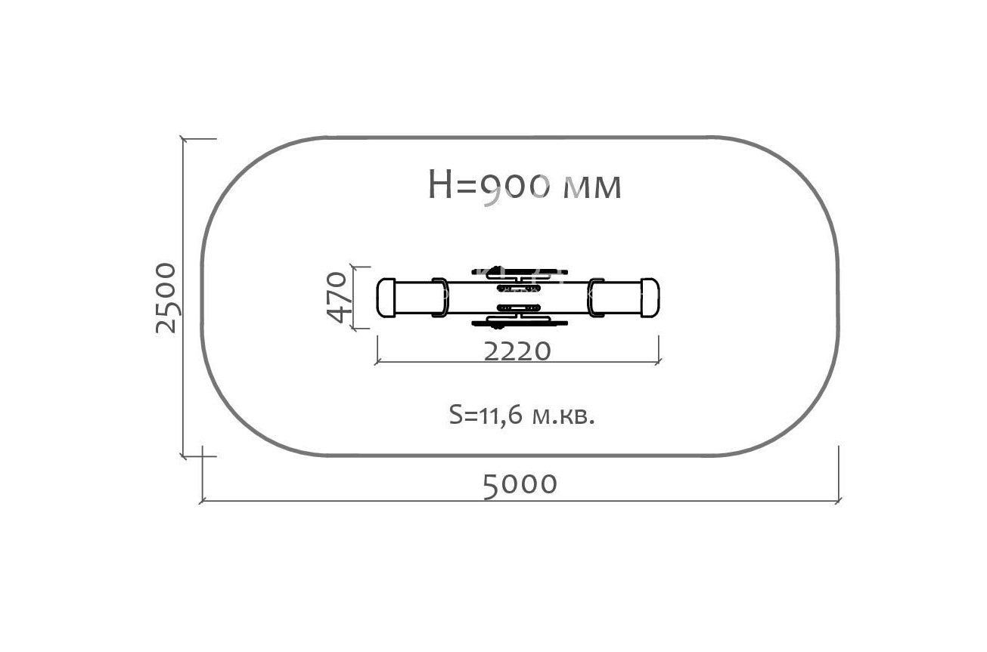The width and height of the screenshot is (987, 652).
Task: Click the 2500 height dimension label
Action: click(166, 298)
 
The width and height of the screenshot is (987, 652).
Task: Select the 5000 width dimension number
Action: click(520, 486)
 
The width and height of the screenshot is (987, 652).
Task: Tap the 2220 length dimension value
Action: click(517, 351)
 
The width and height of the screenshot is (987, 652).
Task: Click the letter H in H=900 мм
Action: click(441, 184)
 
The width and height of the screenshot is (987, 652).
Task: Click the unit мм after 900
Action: click(593, 188)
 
